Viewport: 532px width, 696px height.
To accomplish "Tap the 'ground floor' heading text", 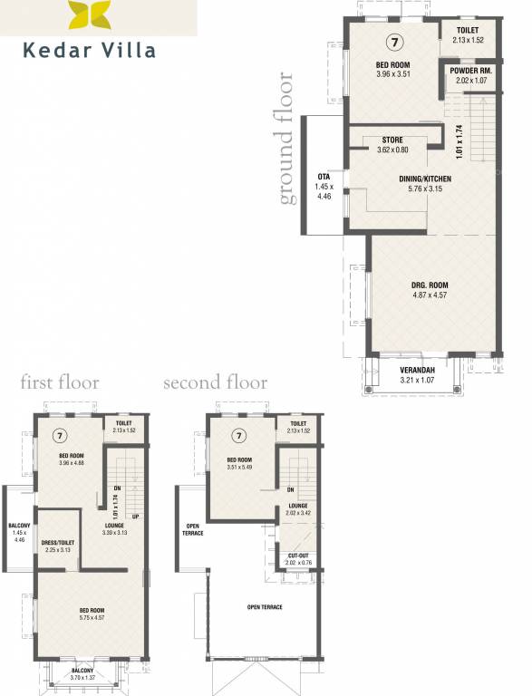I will click(287, 139).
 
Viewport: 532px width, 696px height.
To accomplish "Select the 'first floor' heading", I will click(60, 382).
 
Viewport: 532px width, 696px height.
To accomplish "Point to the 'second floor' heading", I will click(215, 382).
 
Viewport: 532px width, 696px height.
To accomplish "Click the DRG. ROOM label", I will click(430, 285).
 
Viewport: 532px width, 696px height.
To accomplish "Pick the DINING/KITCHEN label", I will click(425, 179).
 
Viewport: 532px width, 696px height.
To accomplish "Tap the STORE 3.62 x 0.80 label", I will click(392, 144).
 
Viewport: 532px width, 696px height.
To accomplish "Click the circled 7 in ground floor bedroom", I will click(392, 43).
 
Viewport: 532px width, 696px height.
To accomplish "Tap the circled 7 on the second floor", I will click(238, 435).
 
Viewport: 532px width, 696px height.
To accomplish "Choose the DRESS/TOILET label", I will click(57, 544).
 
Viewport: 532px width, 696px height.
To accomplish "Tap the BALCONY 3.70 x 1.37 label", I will click(88, 674).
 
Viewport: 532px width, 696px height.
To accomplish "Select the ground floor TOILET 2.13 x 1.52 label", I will click(469, 34).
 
